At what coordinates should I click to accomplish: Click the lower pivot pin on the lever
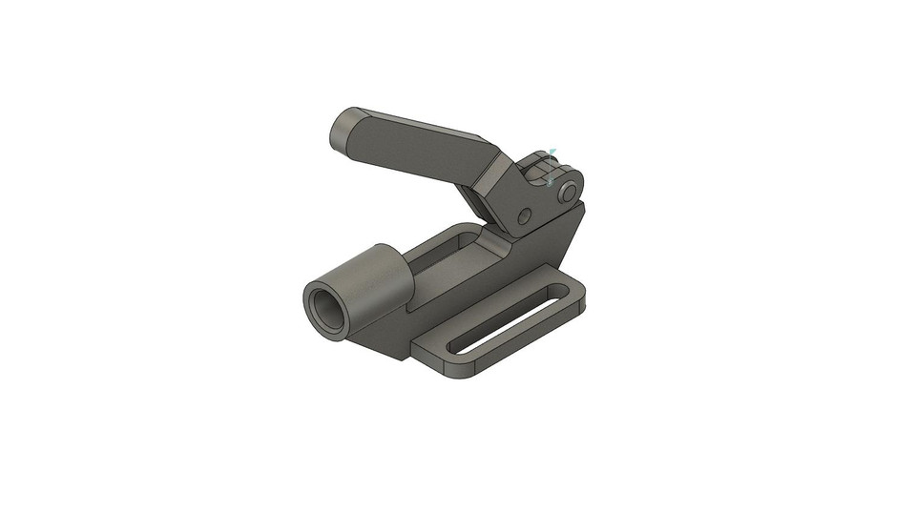pyautogui.click(x=524, y=216)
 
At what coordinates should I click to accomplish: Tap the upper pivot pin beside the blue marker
pyautogui.click(x=569, y=193)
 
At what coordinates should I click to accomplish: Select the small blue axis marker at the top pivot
pyautogui.click(x=551, y=164)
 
